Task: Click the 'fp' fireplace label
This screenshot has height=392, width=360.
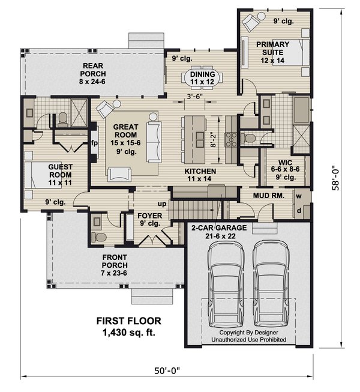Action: click(x=94, y=143)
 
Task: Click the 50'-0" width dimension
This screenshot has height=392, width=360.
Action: click(x=168, y=372)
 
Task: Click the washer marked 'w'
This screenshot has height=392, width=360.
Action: click(x=298, y=196)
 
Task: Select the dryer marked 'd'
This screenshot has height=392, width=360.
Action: click(x=298, y=211)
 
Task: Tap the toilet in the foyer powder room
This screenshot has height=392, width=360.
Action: click(x=100, y=237)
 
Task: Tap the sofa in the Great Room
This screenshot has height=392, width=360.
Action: click(x=154, y=142)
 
